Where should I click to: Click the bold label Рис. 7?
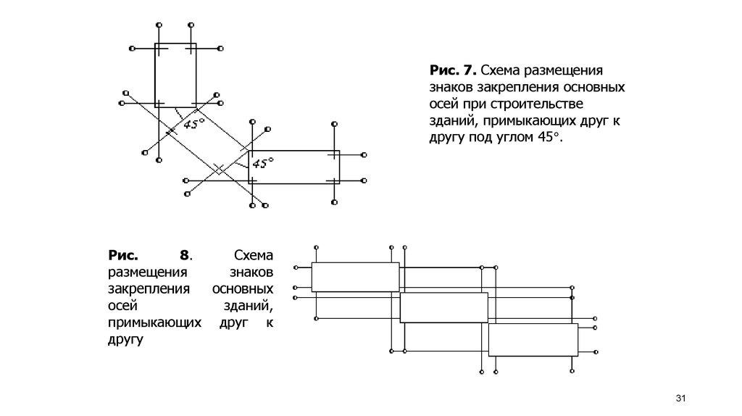[x=453, y=71]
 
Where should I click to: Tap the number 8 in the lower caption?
[x=185, y=256]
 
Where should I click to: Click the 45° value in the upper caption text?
[x=549, y=137]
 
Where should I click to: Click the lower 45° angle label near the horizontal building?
[x=261, y=164]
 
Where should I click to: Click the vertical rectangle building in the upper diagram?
[x=175, y=75]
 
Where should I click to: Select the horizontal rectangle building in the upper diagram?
[x=293, y=166]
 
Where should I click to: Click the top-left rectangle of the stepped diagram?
[x=355, y=277]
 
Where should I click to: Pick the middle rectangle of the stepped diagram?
[x=443, y=308]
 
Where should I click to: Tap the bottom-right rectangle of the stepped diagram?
[x=533, y=340]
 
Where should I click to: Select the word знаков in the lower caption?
[x=251, y=273]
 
